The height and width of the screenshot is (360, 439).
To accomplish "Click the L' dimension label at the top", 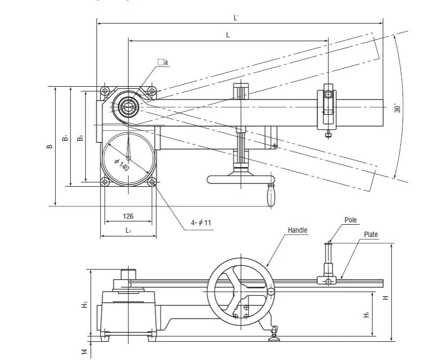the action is click(236, 18).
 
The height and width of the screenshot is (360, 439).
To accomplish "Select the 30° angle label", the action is click(398, 108).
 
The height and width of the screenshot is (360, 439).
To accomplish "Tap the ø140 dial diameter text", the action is click(122, 165).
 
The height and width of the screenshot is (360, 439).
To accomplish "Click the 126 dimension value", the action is click(128, 216).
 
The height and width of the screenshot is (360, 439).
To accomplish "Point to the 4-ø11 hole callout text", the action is click(201, 223).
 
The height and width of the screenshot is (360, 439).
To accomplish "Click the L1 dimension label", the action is click(128, 231).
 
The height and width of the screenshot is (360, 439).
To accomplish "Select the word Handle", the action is click(298, 230).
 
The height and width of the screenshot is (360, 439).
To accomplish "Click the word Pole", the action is click(351, 220).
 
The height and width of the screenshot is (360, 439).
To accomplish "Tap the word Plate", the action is click(370, 234).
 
